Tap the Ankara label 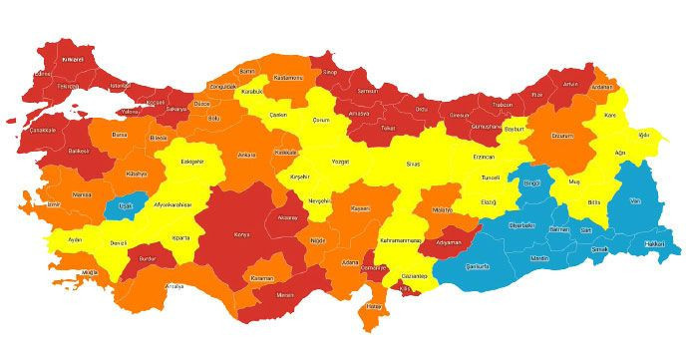pyautogui.click(x=246, y=156)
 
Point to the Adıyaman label pyautogui.click(x=450, y=242)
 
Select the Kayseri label pyautogui.click(x=360, y=208)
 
